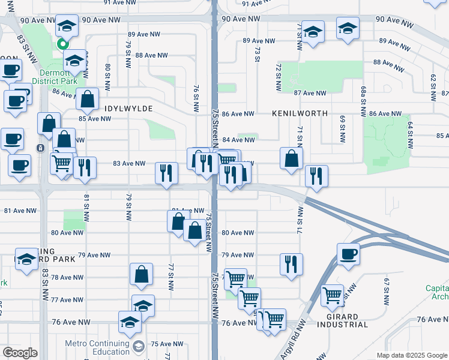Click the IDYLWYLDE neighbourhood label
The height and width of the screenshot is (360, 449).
pos(129,109)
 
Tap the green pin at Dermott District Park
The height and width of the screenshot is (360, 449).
pos(62,44)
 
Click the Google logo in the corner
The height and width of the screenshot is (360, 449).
pos(20,352)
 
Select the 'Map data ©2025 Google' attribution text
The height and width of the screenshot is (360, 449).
pos(411,355)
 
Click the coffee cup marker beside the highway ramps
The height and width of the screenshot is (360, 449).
pos(348,254)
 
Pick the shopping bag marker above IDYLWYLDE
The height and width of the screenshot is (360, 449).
pos(88,100)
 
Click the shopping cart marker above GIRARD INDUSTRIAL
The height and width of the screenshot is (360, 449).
pos(333,295)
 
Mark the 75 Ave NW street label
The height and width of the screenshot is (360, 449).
pos(163,344)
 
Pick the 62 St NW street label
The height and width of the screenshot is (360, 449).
pos(432,87)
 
